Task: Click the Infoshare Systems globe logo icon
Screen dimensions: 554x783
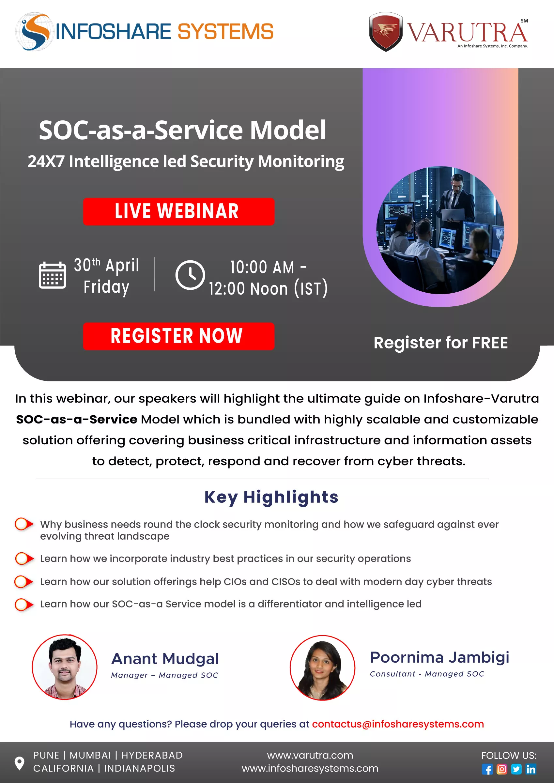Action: pos(35,32)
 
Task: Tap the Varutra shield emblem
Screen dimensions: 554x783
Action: pos(386,32)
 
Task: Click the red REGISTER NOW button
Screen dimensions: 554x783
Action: pos(178,336)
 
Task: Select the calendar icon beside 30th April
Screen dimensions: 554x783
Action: pos(52,275)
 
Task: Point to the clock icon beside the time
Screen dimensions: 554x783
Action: pos(190,275)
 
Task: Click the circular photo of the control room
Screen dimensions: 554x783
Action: pos(440,230)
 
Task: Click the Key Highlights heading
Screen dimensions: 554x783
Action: pos(271,497)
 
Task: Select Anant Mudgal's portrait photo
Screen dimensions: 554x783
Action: pos(65,667)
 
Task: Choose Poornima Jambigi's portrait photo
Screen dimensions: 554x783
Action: pos(322,668)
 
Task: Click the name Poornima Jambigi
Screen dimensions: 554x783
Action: pos(439,657)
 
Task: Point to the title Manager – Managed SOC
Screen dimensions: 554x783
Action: pos(164,675)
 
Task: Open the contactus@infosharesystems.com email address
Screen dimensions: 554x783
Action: pos(398,724)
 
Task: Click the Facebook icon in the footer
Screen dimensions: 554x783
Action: pos(487,769)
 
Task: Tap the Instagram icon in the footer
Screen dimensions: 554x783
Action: pos(502,769)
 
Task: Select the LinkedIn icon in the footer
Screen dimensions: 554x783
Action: pos(531,769)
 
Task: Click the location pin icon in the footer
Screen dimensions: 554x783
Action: pos(20,763)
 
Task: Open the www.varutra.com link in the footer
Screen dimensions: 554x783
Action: pos(310,755)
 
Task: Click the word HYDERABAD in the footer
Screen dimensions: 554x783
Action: pos(152,755)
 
